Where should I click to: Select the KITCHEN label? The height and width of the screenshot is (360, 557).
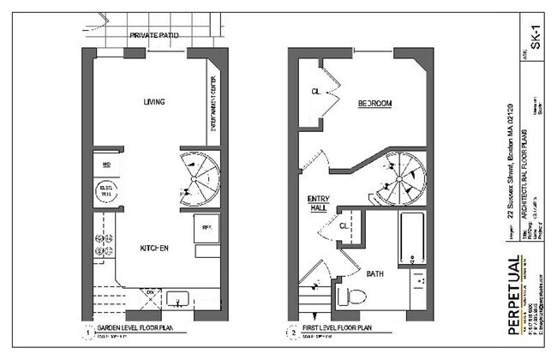tap(153, 249)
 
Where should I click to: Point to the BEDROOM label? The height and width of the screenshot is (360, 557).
tap(374, 104)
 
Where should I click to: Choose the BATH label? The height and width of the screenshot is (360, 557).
tap(375, 274)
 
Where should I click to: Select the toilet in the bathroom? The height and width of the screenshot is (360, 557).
tap(351, 297)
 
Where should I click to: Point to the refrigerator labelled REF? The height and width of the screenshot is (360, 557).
tap(207, 230)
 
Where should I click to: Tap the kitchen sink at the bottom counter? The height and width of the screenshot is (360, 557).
tap(179, 299)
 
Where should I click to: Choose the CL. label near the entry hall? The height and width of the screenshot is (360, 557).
tap(344, 227)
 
